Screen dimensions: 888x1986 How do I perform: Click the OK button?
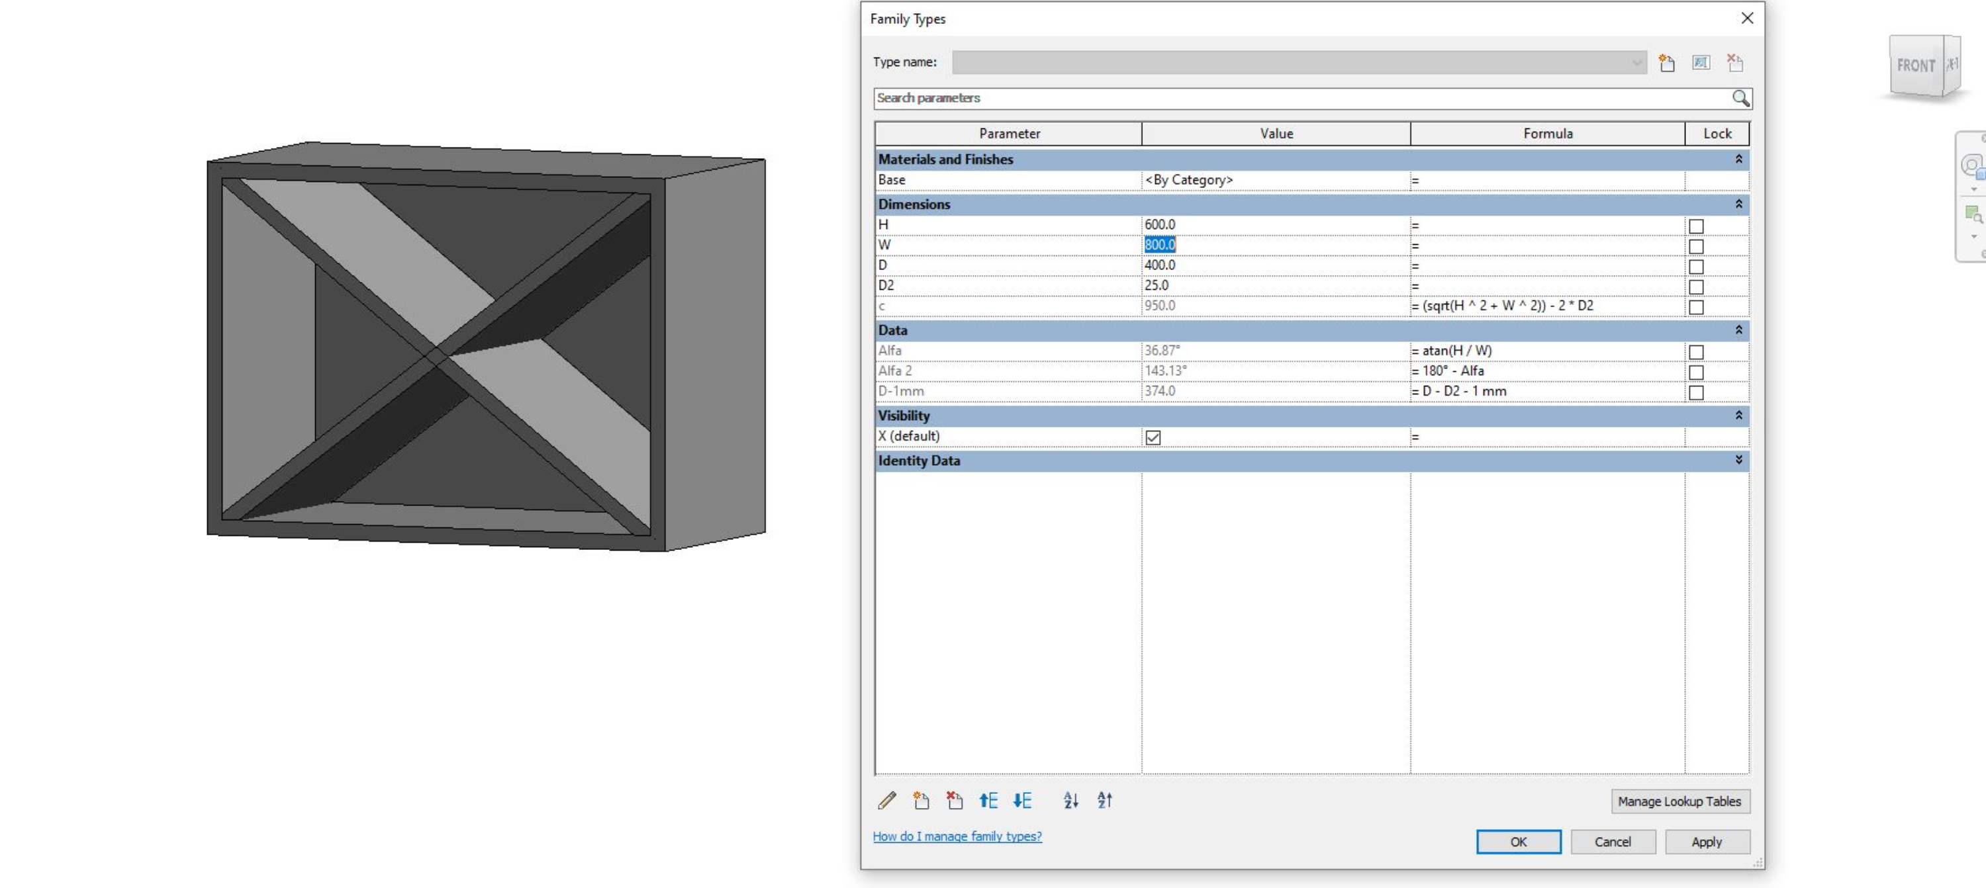(x=1518, y=842)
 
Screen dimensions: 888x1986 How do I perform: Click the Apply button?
(x=1707, y=842)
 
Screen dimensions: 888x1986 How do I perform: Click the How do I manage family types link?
(x=957, y=836)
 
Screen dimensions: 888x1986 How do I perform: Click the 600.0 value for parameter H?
(x=1160, y=224)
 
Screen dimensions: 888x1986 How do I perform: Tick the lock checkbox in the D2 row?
(x=1695, y=287)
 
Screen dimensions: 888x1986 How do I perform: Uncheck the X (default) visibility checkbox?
(x=1153, y=437)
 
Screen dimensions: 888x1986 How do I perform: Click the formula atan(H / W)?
(x=1456, y=351)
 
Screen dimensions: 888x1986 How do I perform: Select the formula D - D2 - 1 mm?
(x=1463, y=391)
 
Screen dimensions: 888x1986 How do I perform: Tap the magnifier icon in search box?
(x=1740, y=98)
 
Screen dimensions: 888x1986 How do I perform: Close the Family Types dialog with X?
(x=1747, y=18)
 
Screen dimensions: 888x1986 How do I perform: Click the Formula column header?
(x=1547, y=134)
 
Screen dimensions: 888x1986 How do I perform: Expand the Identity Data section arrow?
(x=1738, y=460)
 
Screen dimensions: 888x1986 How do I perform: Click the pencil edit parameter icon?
(x=886, y=801)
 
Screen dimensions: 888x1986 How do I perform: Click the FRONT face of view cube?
(x=1915, y=66)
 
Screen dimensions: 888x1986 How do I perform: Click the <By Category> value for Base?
(x=1188, y=179)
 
